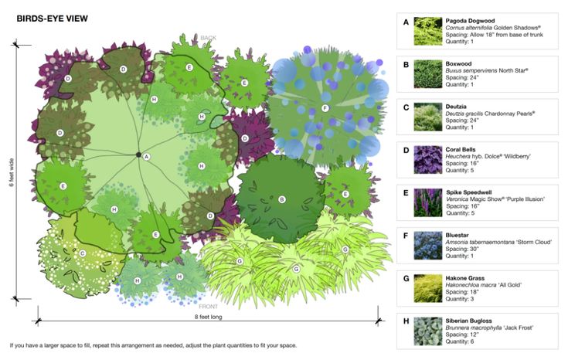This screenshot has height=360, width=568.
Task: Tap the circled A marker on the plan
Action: click(146, 156)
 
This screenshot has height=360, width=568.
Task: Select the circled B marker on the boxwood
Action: click(282, 199)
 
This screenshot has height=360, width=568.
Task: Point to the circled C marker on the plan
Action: click(83, 253)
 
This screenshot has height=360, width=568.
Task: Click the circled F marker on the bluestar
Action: click(325, 108)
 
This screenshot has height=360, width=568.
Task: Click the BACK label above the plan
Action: click(209, 38)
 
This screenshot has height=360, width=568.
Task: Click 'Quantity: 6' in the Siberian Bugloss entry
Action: click(464, 341)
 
